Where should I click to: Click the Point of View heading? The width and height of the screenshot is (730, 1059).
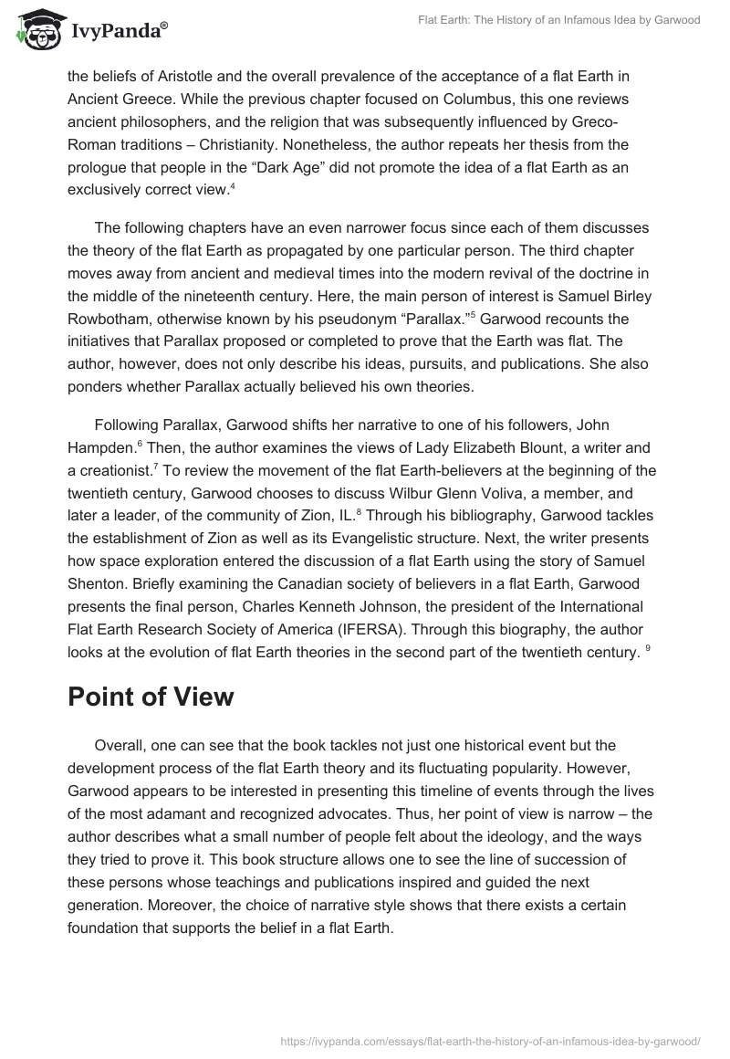[151, 697]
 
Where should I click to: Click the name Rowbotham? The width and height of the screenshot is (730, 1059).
[110, 319]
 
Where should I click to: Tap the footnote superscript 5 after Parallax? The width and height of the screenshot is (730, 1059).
[473, 315]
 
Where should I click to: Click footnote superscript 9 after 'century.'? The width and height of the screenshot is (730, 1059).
[648, 650]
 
